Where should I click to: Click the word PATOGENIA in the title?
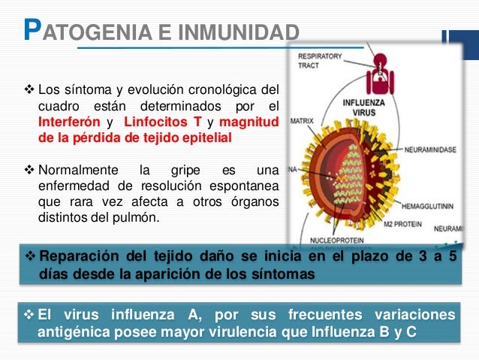(x=67, y=33)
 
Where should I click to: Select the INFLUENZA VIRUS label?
(x=365, y=107)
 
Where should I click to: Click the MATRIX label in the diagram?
(x=302, y=119)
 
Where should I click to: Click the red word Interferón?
(x=68, y=123)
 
